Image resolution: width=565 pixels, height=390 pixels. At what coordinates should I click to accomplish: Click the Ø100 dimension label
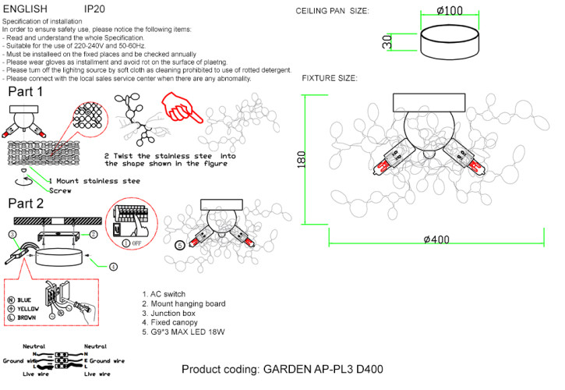pyautogui.click(x=449, y=11)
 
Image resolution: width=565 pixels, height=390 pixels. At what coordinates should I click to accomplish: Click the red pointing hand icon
pyautogui.click(x=180, y=108)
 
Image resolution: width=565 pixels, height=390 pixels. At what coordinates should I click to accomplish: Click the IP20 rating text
pyautogui.click(x=94, y=9)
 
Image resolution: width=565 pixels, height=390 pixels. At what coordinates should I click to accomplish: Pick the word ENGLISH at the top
pyautogui.click(x=26, y=9)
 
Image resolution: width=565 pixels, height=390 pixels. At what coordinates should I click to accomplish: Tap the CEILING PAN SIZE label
pyautogui.click(x=333, y=11)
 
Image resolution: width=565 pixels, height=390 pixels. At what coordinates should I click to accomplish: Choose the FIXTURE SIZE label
pyautogui.click(x=330, y=79)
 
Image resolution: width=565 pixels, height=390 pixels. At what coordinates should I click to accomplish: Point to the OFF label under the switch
pyautogui.click(x=135, y=242)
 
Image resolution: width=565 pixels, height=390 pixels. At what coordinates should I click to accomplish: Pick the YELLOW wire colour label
pyautogui.click(x=27, y=309)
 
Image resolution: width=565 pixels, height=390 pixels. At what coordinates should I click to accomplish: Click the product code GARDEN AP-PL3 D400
pyautogui.click(x=282, y=369)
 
